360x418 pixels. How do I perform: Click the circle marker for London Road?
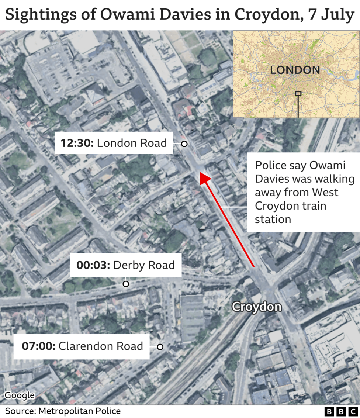coord(184,144)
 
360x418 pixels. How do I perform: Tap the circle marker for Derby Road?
coord(126,284)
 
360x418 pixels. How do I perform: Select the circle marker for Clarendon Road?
coord(160,347)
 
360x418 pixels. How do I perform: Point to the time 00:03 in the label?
coord(93,265)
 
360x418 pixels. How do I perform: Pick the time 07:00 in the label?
coord(38,346)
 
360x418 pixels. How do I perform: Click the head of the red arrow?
coord(204,179)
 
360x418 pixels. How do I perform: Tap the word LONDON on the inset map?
coord(295,70)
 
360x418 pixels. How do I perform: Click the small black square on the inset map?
coord(298,94)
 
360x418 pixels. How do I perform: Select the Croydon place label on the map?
coord(256,307)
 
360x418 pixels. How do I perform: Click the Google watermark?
coord(20,395)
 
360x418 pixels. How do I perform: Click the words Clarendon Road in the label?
coord(101,346)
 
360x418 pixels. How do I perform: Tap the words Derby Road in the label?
coord(144,265)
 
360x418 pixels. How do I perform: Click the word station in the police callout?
coord(273,219)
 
